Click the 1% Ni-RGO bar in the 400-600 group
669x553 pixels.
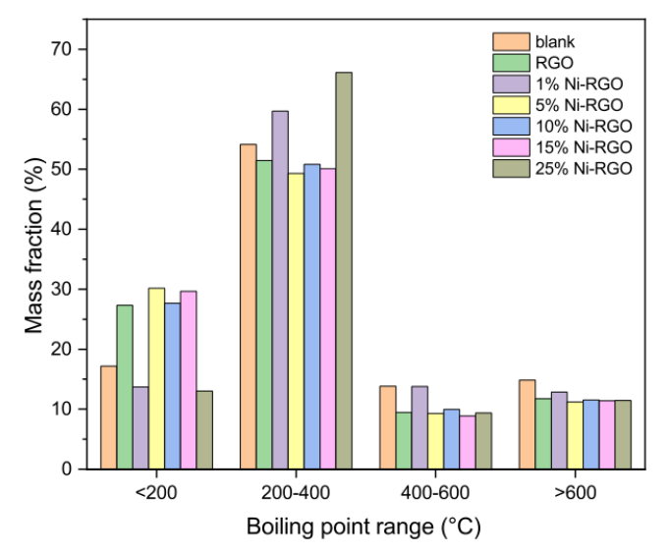point(419,427)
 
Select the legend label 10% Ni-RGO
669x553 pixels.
point(584,126)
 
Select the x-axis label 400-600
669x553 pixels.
point(435,493)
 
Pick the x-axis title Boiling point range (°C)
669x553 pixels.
point(364,527)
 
